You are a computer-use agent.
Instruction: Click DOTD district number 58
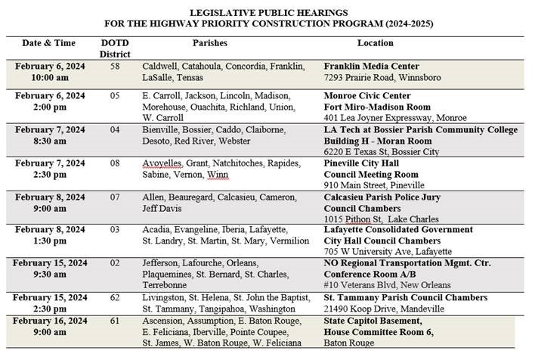(x=115, y=67)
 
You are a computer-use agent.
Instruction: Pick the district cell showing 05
(x=115, y=97)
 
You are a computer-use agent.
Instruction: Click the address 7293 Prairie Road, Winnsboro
(x=382, y=78)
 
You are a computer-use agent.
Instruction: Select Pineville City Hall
(x=364, y=164)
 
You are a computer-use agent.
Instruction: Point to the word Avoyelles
(x=161, y=164)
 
